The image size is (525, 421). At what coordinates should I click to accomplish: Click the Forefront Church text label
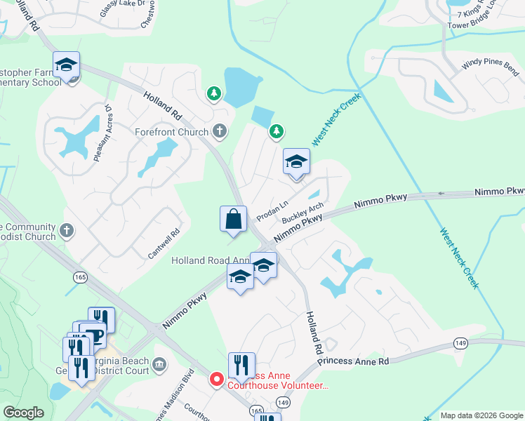(x=172, y=132)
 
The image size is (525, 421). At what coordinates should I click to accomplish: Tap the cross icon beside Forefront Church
(x=220, y=131)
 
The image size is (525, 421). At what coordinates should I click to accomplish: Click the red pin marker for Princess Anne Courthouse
(x=217, y=380)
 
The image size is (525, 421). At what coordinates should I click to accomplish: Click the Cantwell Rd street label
(x=165, y=242)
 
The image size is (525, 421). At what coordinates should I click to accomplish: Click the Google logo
(x=24, y=413)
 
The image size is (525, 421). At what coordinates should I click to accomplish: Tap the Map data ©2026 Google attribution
(x=481, y=415)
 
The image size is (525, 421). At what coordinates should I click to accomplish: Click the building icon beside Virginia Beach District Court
(x=159, y=364)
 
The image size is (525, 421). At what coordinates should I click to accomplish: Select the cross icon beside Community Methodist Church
(x=67, y=230)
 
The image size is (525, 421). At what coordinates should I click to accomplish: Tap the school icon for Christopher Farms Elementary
(x=67, y=65)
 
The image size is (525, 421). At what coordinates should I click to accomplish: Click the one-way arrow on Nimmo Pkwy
(x=442, y=194)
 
